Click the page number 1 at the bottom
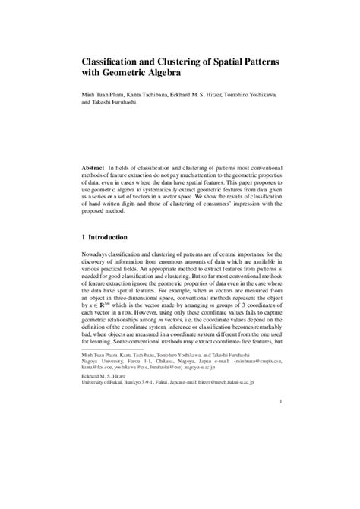pyautogui.click(x=280, y=423)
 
